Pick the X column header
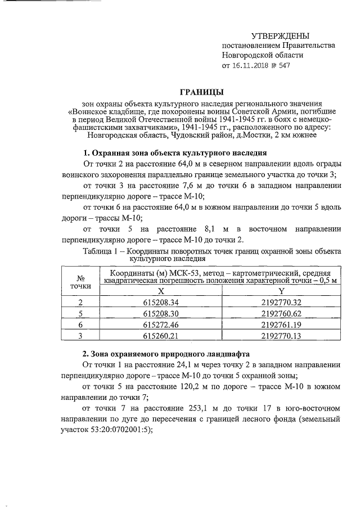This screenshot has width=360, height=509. [161, 291]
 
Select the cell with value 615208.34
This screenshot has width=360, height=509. [161, 303]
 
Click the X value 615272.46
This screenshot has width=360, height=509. [161, 325]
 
